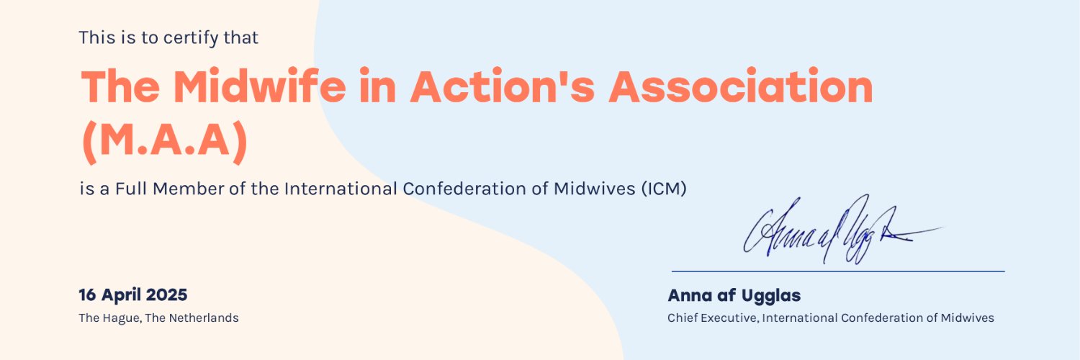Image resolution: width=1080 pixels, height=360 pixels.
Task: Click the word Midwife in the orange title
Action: [259, 86]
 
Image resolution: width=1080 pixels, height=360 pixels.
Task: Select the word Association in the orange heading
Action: [741, 86]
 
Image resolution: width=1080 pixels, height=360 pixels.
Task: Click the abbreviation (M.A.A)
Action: [164, 140]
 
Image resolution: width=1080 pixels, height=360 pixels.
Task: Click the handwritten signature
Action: [842, 230]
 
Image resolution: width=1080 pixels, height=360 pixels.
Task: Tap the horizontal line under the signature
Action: [838, 271]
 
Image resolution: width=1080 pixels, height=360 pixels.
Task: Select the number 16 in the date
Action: [87, 294]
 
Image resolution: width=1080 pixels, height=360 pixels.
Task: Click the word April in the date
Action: [121, 295]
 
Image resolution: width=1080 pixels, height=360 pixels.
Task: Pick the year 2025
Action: [166, 294]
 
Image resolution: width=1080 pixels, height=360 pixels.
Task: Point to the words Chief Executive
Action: [712, 318]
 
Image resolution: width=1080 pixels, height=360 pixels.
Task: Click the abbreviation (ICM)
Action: [664, 189]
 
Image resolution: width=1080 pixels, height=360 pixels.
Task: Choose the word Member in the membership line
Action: [189, 189]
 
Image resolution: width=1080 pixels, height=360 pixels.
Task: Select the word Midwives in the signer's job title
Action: [967, 318]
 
